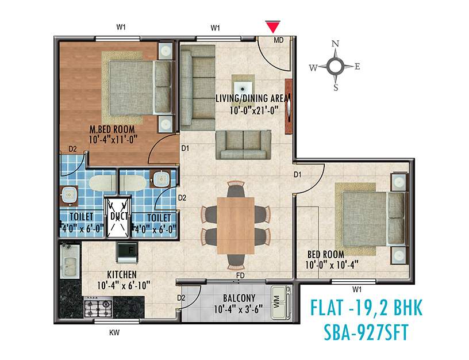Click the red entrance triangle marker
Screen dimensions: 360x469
pyautogui.click(x=272, y=26)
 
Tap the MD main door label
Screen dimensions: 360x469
pyautogui.click(x=279, y=40)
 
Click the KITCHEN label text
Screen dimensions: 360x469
pyautogui.click(x=121, y=275)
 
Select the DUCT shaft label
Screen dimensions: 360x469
pyautogui.click(x=118, y=216)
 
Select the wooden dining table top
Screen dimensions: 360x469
pyautogui.click(x=235, y=224)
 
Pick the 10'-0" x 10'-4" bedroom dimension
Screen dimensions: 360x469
pyautogui.click(x=325, y=265)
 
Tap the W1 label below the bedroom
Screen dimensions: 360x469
pyautogui.click(x=357, y=289)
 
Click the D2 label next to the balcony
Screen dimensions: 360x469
pyautogui.click(x=181, y=298)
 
